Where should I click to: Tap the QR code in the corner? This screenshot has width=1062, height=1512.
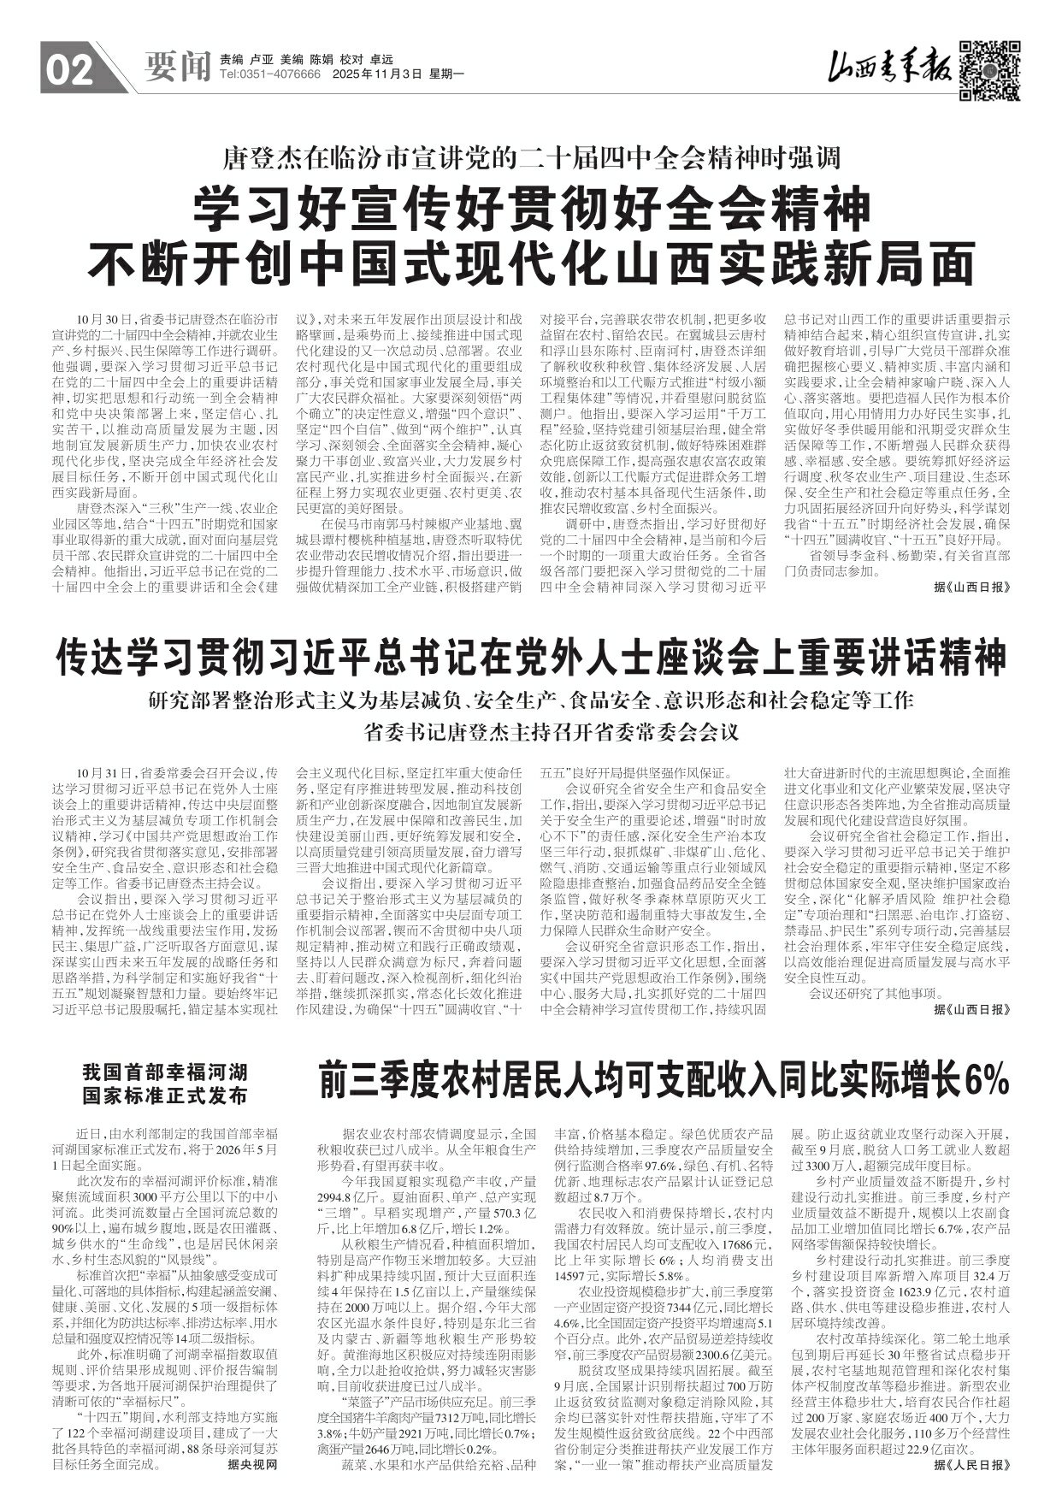[988, 70]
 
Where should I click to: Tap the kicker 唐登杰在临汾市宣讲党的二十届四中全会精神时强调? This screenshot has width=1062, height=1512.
[532, 157]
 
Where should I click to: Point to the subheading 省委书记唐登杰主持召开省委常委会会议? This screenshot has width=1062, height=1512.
[531, 732]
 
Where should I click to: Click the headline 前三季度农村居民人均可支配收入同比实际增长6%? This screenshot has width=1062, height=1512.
[664, 1081]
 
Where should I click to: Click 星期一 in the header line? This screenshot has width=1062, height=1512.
[445, 75]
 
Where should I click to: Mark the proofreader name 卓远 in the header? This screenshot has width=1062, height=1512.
[381, 60]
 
